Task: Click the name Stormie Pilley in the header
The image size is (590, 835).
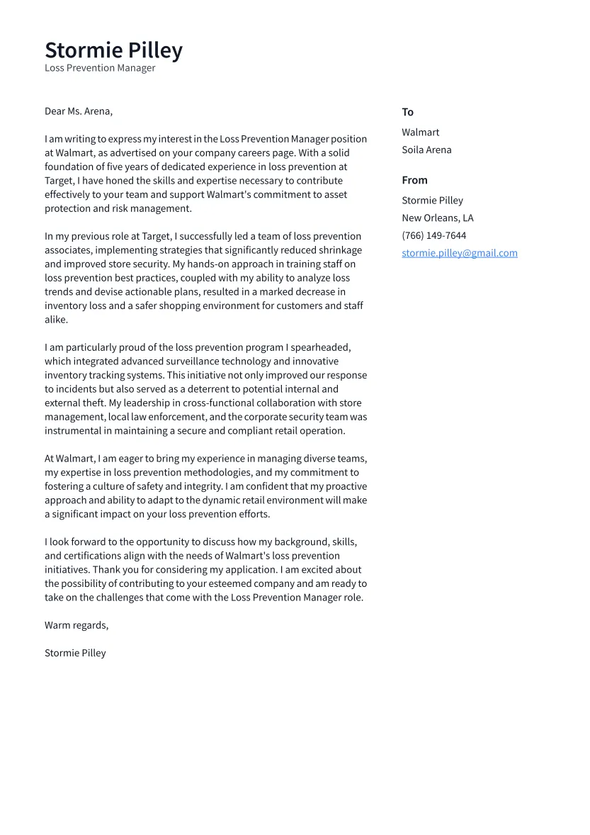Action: tap(113, 50)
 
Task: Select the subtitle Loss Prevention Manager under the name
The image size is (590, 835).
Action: tap(100, 68)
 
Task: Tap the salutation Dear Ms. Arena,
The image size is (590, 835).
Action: tap(79, 111)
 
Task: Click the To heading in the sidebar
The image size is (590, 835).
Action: tap(407, 112)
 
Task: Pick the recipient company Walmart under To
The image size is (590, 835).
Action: tap(420, 133)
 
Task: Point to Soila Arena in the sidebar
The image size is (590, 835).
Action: tap(426, 150)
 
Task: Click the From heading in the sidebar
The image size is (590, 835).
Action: tap(414, 180)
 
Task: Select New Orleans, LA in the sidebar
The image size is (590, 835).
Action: tap(437, 218)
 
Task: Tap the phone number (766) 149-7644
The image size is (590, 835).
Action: tap(433, 236)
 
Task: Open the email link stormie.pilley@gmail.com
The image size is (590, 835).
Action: tap(459, 253)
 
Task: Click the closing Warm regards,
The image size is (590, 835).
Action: tap(76, 625)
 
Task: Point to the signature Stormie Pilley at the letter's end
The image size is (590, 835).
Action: tap(75, 653)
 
